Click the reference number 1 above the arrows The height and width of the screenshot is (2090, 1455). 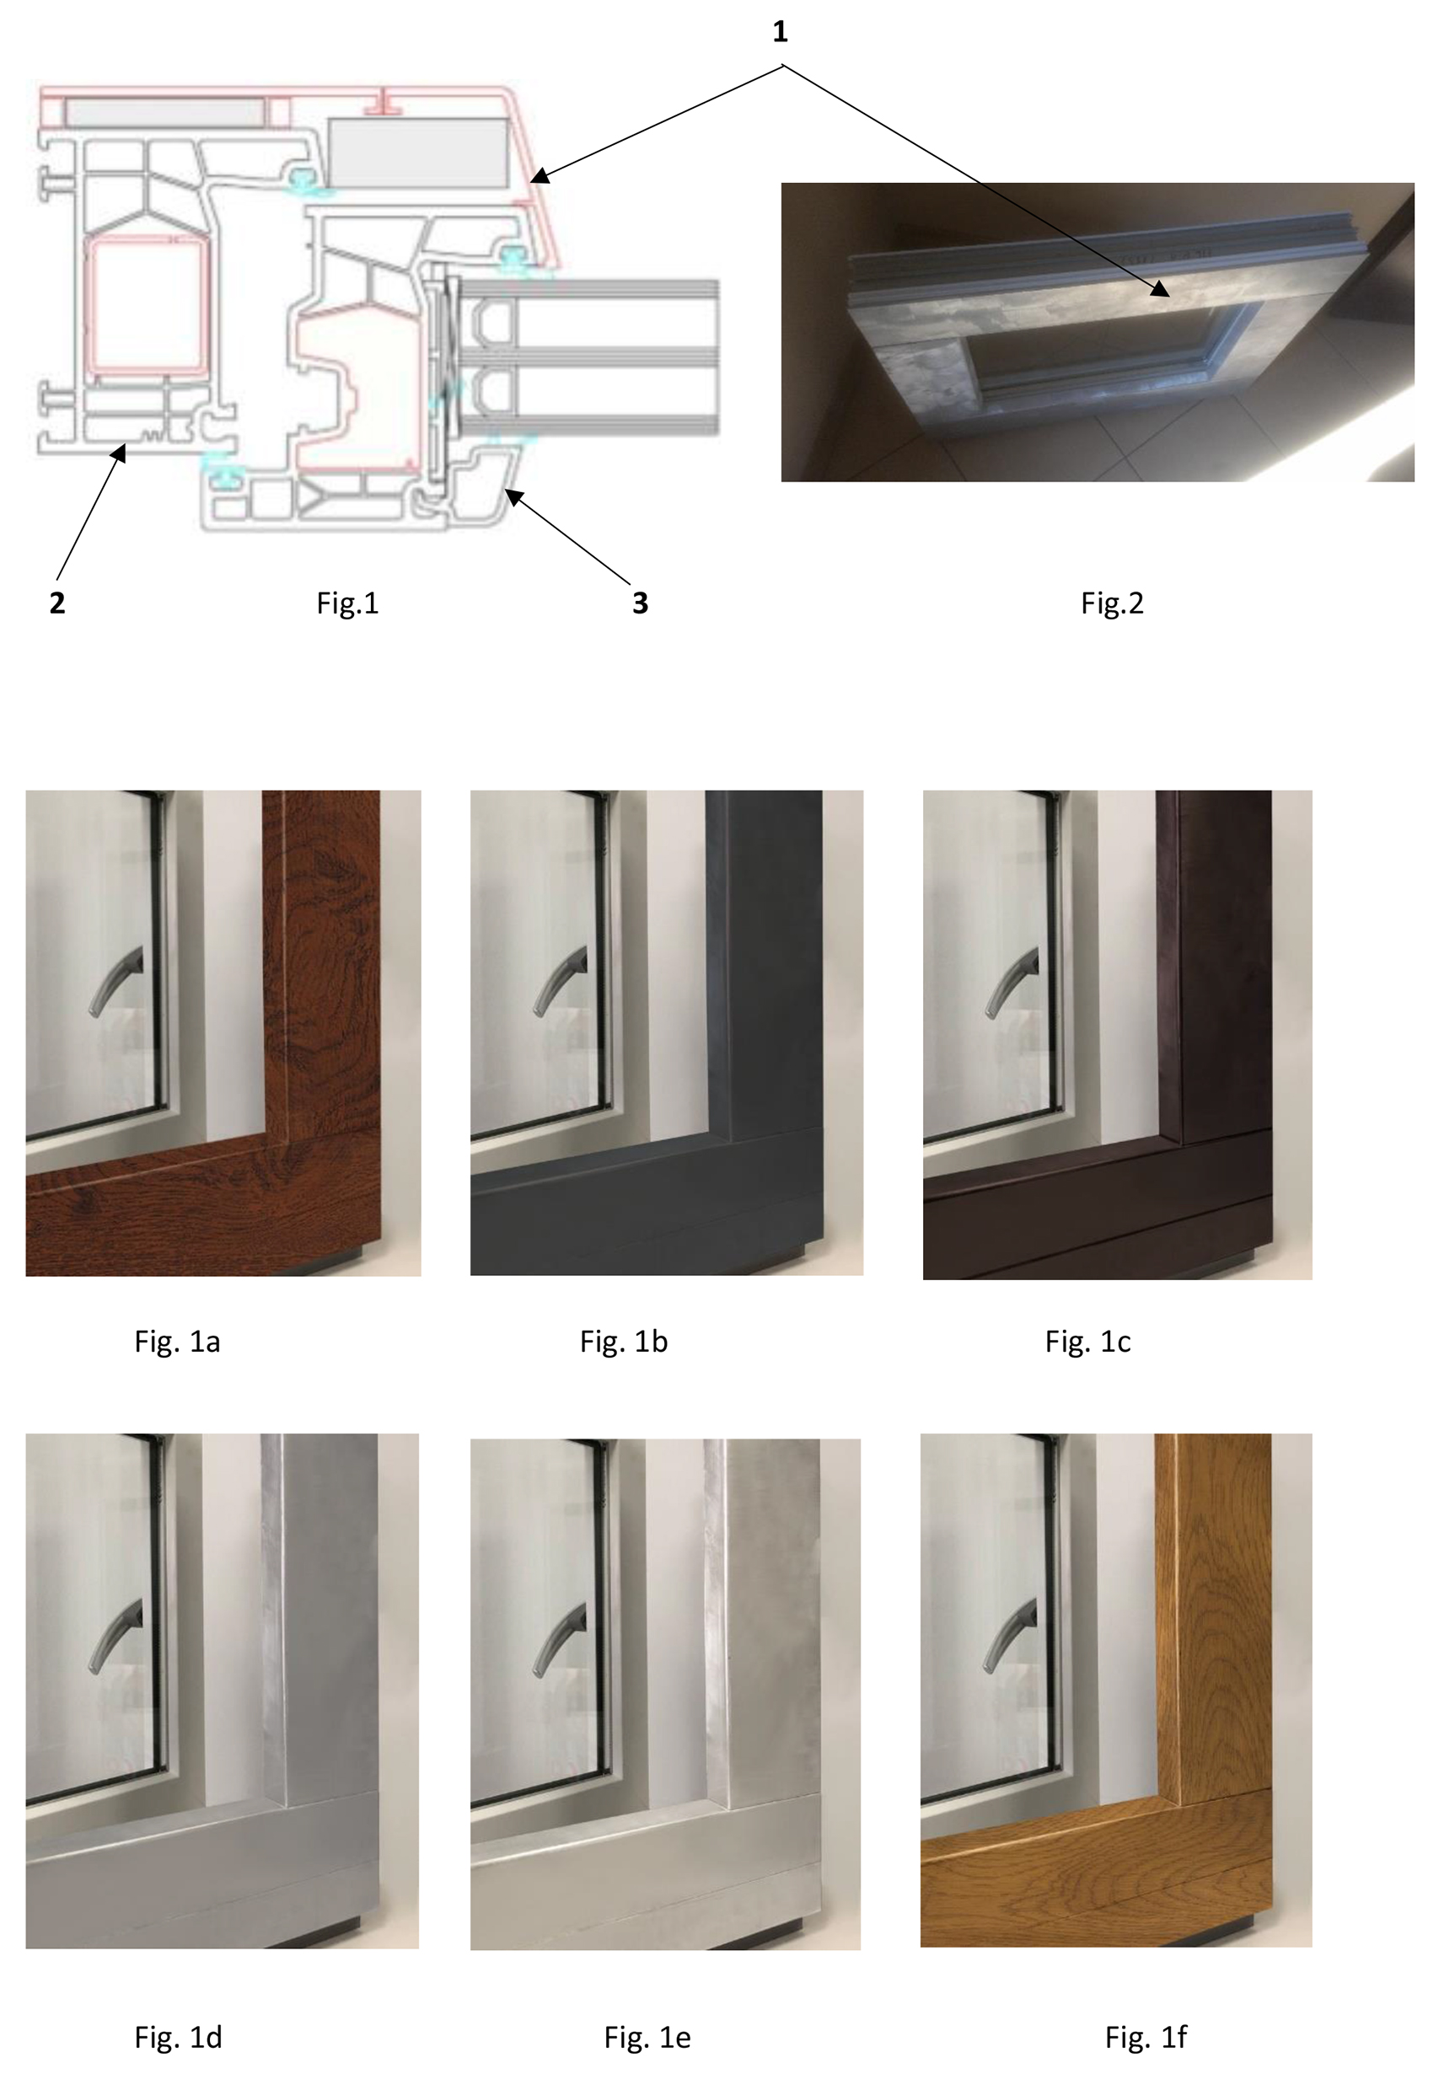pyautogui.click(x=780, y=33)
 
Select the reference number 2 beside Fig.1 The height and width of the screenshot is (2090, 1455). pyautogui.click(x=56, y=603)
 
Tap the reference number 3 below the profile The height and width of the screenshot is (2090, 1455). pyautogui.click(x=640, y=603)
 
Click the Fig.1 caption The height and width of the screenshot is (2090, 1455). pyautogui.click(x=347, y=603)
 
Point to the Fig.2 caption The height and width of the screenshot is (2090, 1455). pyautogui.click(x=1112, y=603)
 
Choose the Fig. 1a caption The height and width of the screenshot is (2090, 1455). pyautogui.click(x=177, y=1342)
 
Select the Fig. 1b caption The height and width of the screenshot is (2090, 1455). pyautogui.click(x=624, y=1342)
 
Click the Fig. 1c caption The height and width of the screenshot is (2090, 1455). pyautogui.click(x=1087, y=1342)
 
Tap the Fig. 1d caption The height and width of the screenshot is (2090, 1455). pyautogui.click(x=178, y=2037)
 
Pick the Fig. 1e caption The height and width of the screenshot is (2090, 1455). pyautogui.click(x=647, y=2037)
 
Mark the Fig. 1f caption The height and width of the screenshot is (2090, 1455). pyautogui.click(x=1146, y=2037)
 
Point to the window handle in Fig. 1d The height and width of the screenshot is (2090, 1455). pyautogui.click(x=115, y=1635)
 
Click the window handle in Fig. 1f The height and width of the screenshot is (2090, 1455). pyautogui.click(x=1011, y=1635)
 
